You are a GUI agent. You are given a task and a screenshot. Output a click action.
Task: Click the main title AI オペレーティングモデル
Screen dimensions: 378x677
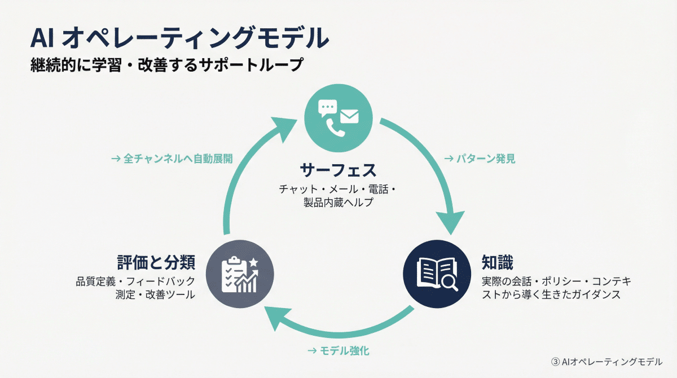(x=179, y=39)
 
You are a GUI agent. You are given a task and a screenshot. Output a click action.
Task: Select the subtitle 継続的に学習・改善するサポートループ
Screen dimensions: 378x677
(x=167, y=65)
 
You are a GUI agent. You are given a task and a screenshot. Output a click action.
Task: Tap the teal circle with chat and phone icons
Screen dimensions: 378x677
(x=338, y=118)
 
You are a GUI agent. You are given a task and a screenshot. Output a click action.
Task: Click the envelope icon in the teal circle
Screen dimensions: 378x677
(x=349, y=116)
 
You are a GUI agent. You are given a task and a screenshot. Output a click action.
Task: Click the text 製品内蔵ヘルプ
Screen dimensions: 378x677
(x=338, y=203)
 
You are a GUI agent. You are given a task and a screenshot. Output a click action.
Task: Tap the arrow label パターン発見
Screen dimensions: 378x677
(x=480, y=159)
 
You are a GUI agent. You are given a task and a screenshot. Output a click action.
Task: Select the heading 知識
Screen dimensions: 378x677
(x=497, y=262)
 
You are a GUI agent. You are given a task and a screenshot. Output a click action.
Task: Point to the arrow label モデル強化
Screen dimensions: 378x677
(x=338, y=351)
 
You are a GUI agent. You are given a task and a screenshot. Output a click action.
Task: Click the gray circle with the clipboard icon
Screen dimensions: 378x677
(x=239, y=273)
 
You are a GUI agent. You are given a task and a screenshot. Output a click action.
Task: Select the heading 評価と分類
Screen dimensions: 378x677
(x=156, y=262)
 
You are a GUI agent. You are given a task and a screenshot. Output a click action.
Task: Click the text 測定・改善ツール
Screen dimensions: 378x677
(x=155, y=295)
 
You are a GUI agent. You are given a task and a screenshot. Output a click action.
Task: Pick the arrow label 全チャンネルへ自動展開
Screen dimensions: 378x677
(x=172, y=159)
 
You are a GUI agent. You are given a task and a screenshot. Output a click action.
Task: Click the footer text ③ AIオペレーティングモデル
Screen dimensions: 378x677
(x=606, y=362)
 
